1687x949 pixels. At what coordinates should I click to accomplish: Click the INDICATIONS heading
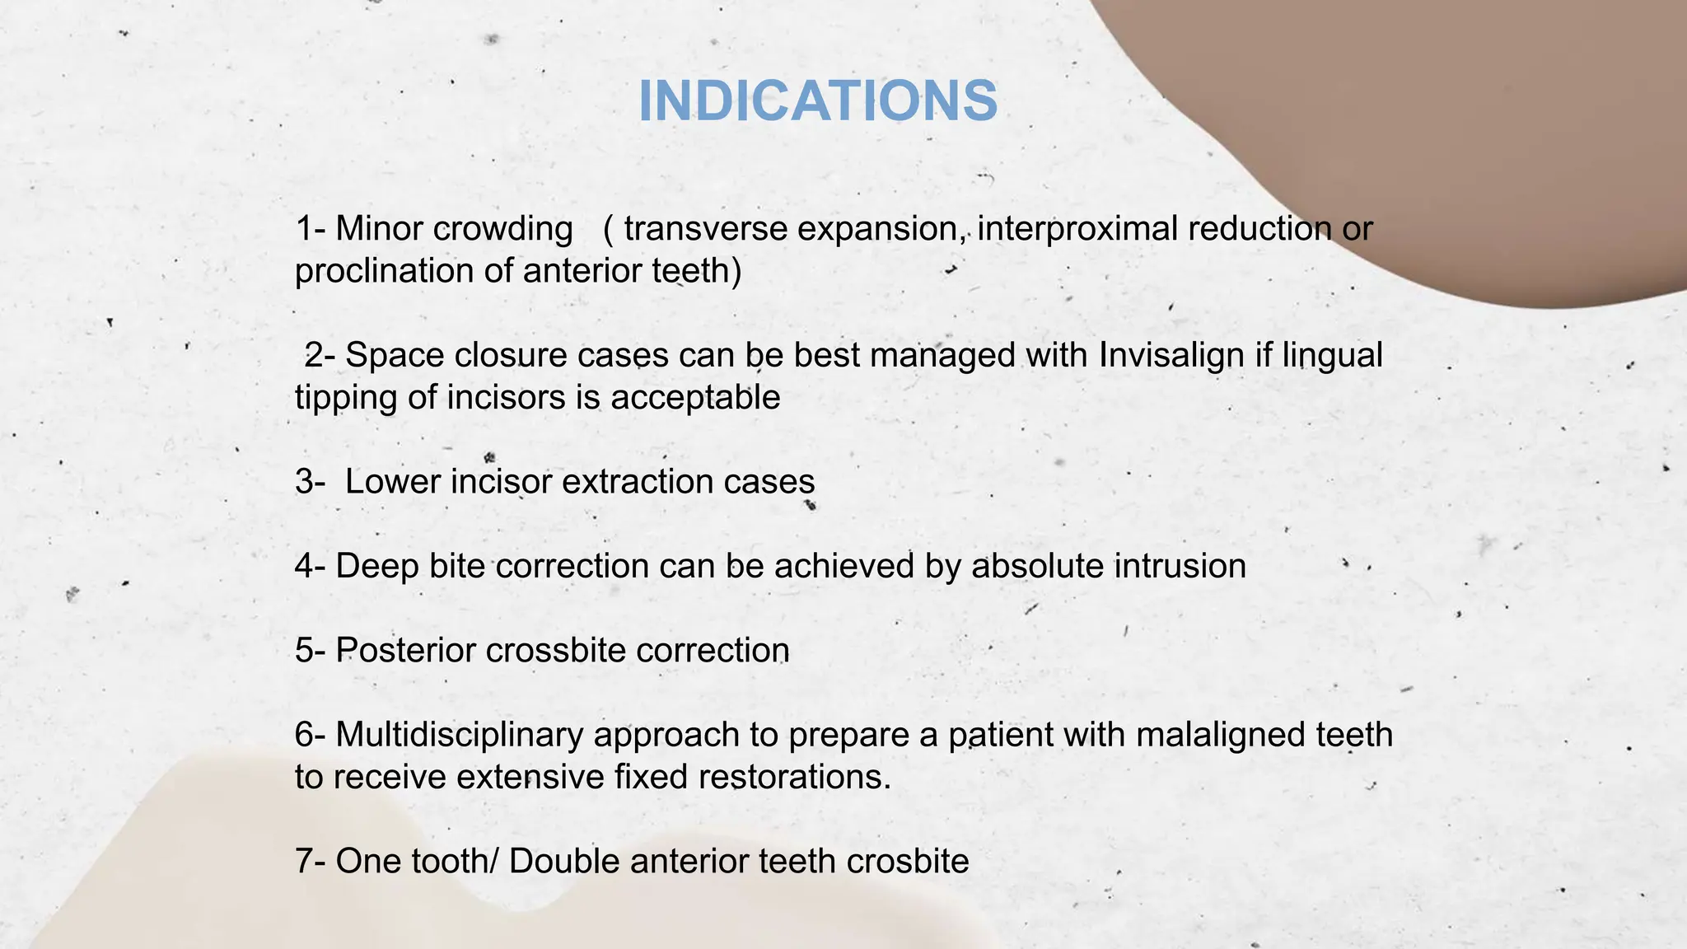click(x=818, y=102)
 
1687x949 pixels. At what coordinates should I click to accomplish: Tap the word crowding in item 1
click(x=502, y=229)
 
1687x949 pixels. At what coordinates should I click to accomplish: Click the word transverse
click(x=705, y=229)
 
